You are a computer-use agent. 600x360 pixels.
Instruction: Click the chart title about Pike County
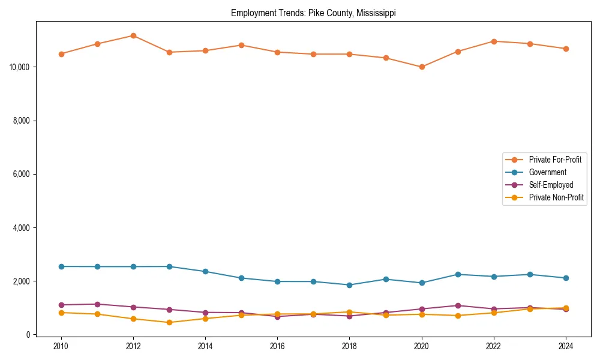(x=313, y=13)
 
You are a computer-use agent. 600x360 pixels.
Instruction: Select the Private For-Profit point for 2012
(x=133, y=35)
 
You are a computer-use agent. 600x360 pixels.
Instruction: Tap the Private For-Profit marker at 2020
(x=422, y=67)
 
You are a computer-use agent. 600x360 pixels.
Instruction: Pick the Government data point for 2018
(x=349, y=285)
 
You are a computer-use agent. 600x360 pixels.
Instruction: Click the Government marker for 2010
(x=61, y=266)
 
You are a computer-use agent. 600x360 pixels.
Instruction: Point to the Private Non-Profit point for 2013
(x=169, y=322)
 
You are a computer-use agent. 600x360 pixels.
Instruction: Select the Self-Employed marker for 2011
(x=97, y=304)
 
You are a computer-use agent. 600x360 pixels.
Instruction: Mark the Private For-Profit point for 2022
(x=494, y=41)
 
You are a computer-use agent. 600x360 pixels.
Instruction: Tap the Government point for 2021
(x=458, y=274)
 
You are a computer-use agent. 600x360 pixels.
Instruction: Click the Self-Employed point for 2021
(x=458, y=305)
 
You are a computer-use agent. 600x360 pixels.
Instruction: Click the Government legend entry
(x=547, y=172)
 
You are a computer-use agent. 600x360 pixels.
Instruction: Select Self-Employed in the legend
(x=551, y=185)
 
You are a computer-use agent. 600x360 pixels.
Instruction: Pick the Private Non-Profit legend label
(x=556, y=197)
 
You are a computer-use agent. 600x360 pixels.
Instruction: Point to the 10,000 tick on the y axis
(x=20, y=67)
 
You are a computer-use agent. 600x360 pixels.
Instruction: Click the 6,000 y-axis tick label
(x=22, y=174)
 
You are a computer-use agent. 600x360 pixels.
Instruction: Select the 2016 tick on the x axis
(x=277, y=346)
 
